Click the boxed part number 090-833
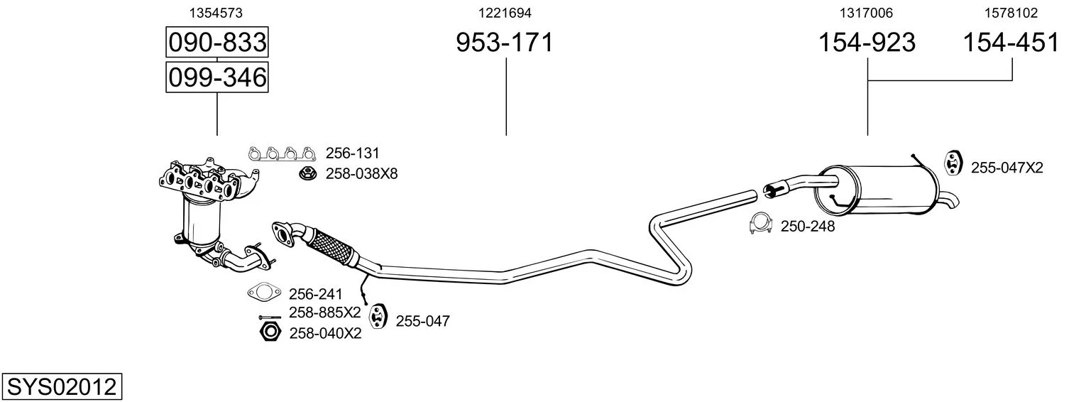pyautogui.click(x=216, y=42)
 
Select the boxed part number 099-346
pyautogui.click(x=216, y=77)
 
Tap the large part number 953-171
pyautogui.click(x=505, y=43)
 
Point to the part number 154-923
pyautogui.click(x=867, y=43)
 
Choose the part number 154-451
pyautogui.click(x=1011, y=43)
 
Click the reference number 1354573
pyautogui.click(x=216, y=13)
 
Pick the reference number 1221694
pyautogui.click(x=505, y=13)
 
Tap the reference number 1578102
pyautogui.click(x=1011, y=13)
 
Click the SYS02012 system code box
pyautogui.click(x=62, y=387)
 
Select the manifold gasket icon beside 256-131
pyautogui.click(x=282, y=153)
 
